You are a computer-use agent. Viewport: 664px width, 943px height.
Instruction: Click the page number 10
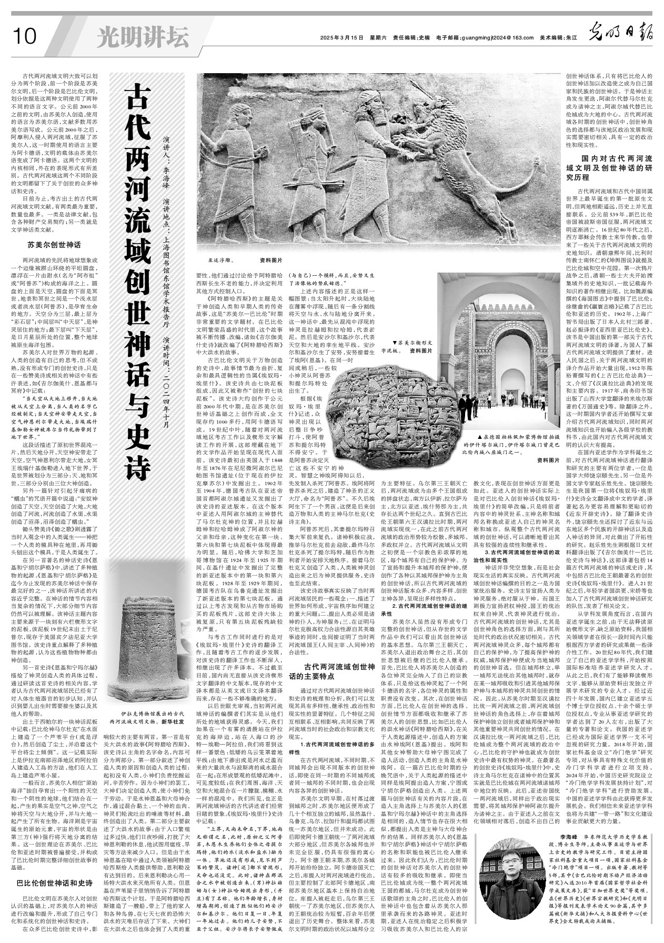tap(23, 37)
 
